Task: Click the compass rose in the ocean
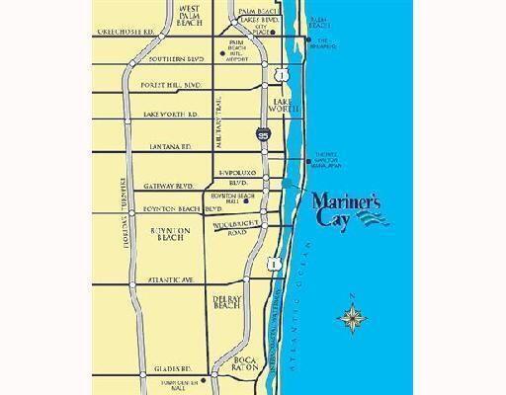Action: tap(352, 316)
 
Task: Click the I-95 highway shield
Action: tap(261, 132)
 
